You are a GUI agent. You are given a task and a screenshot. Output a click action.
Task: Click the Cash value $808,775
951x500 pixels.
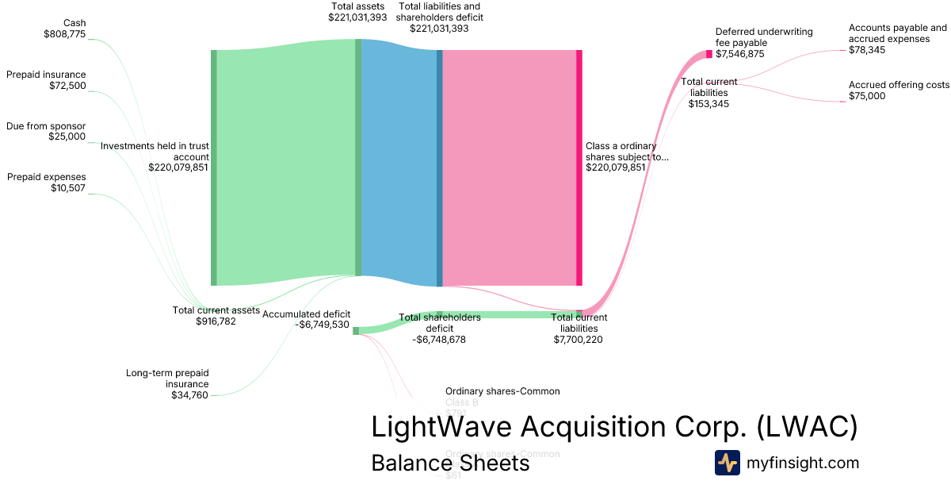pos(64,34)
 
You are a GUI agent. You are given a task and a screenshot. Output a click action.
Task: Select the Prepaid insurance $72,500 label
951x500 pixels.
pos(47,80)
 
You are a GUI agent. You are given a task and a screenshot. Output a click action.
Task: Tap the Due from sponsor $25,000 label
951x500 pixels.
pos(47,131)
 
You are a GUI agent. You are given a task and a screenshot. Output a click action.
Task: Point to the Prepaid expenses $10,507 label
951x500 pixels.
pos(47,183)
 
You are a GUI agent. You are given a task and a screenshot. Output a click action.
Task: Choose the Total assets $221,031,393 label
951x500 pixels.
pos(357,11)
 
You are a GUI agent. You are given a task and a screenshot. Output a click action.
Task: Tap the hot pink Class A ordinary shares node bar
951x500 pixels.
pos(579,167)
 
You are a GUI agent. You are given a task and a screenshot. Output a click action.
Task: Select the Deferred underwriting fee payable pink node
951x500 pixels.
pos(709,54)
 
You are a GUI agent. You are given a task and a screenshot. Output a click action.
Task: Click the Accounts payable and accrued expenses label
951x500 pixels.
pos(897,38)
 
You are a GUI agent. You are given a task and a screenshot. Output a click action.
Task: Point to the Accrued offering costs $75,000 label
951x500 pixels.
pos(899,90)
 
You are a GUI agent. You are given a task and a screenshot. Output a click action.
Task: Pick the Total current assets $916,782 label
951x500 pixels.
pos(216,316)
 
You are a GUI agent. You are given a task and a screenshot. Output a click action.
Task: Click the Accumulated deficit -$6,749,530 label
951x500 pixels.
pos(306,319)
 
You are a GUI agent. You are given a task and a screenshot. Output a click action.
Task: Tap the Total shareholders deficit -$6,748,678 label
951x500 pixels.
pos(439,329)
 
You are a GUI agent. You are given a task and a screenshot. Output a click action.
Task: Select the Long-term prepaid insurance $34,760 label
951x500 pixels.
pos(167,383)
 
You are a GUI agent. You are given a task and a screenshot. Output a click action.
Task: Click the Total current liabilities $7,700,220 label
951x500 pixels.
pos(579,328)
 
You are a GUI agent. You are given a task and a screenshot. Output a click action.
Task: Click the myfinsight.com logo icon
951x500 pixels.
pos(727,463)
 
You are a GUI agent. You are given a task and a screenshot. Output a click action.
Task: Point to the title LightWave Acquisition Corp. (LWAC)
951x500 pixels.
pos(614,427)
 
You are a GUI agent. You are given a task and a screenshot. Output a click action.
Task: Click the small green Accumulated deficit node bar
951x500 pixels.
pos(356,331)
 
